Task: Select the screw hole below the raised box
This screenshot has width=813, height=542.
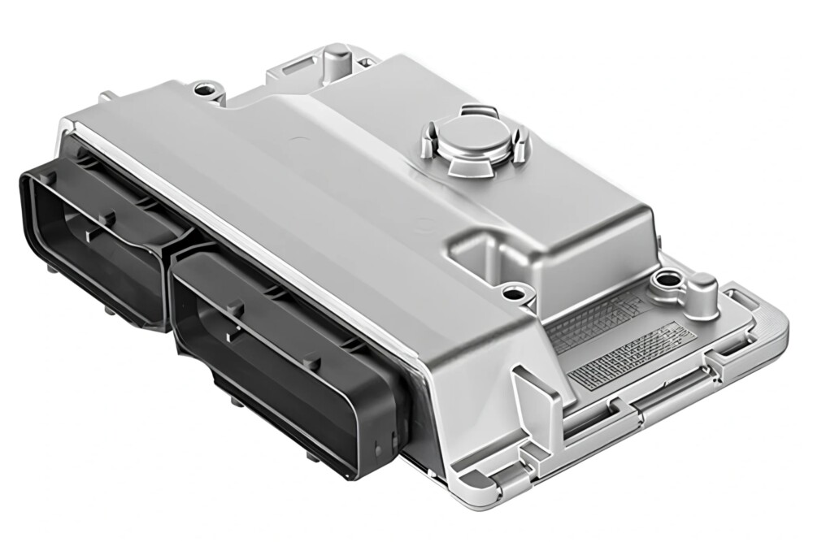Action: coord(514,290)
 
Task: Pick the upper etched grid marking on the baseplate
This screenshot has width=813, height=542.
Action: coord(598,321)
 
